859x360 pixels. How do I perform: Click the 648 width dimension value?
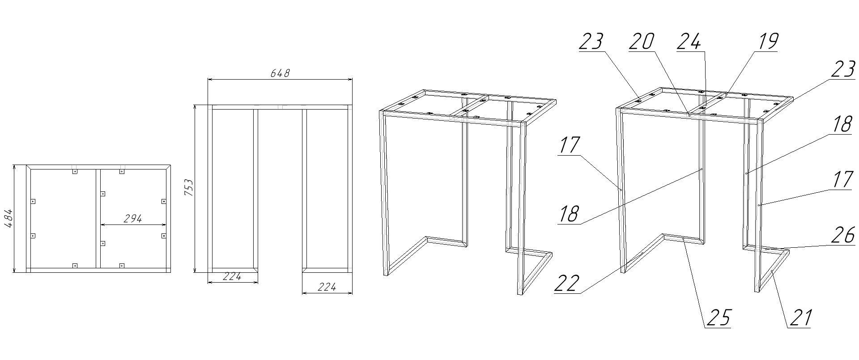pos(280,73)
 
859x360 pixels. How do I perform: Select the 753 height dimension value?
pos(188,188)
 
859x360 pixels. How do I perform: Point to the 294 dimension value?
pos(132,219)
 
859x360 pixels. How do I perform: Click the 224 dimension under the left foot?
pos(232,277)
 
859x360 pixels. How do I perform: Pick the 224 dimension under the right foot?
pos(327,287)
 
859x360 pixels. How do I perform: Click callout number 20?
pos(642,42)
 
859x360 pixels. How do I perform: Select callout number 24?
pos(689,42)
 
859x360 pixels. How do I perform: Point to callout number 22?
pos(567,284)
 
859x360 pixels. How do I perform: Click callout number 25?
pos(718,318)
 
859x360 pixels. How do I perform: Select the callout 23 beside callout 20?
pos(591,42)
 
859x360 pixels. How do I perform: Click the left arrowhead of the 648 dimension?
pos(211,80)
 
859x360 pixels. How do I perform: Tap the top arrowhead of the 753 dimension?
pos(195,108)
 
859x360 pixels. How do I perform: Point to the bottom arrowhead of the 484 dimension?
pos(14,270)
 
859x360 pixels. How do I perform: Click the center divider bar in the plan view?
pos(98,219)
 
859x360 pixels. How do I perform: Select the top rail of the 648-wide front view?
pos(280,107)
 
